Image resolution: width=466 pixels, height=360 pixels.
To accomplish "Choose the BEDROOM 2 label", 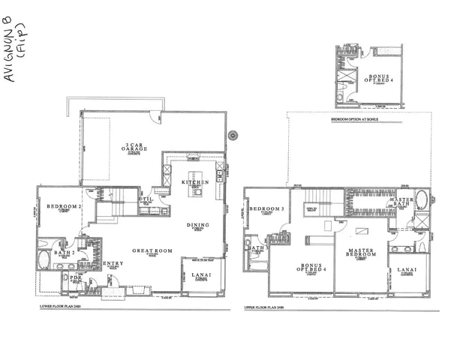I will tap(63, 205).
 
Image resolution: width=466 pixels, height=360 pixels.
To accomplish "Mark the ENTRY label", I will tap(113, 263).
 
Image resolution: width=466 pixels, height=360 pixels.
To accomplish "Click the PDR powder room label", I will tap(75, 277).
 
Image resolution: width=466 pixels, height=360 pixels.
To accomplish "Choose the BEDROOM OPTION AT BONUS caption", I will tap(352, 118).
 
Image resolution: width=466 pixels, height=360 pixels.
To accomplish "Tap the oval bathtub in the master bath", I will tap(421, 201).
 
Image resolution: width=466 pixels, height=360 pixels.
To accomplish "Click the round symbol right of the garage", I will tap(233, 136).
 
